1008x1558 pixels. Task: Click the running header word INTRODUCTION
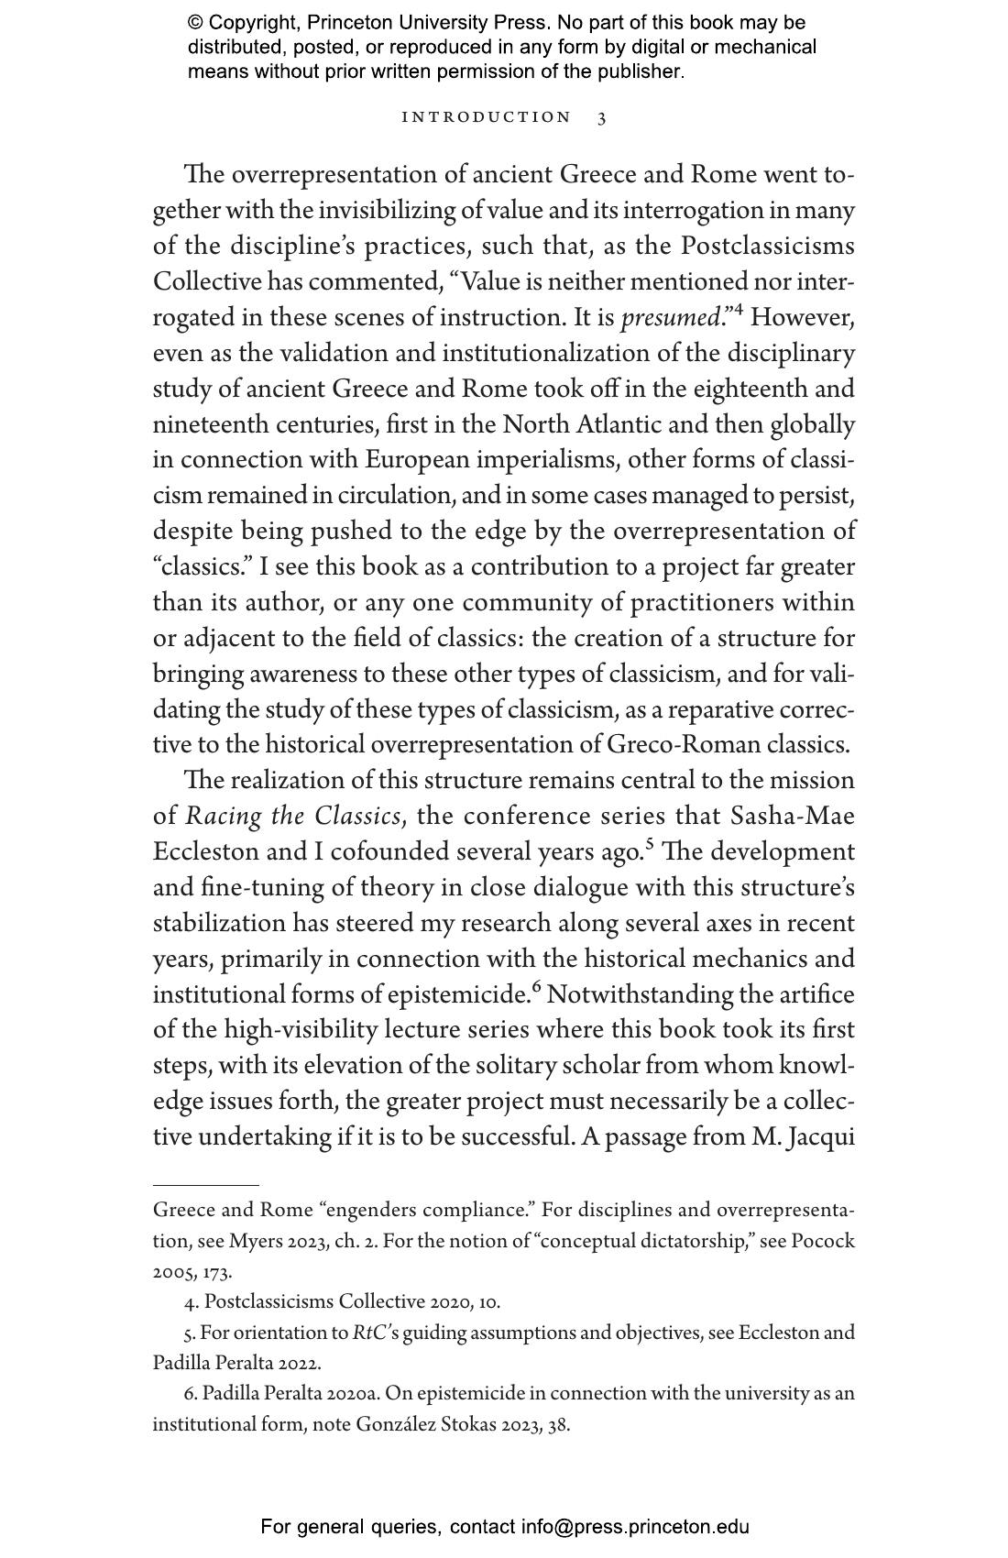coord(487,117)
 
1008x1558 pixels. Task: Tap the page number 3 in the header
coord(601,118)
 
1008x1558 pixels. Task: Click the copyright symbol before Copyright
coord(195,23)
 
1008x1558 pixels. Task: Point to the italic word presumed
coord(670,318)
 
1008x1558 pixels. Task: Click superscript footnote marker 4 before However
coord(738,312)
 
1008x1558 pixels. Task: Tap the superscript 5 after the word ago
coord(649,844)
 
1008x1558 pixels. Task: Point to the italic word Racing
coord(225,817)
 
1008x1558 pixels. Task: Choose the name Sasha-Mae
coord(792,817)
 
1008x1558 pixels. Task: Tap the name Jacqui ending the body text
coord(824,1138)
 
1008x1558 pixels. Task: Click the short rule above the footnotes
coord(205,1185)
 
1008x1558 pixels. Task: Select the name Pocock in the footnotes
coord(822,1242)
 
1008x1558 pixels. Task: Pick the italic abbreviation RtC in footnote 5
coord(367,1333)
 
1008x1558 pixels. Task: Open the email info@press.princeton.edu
coord(635,1527)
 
